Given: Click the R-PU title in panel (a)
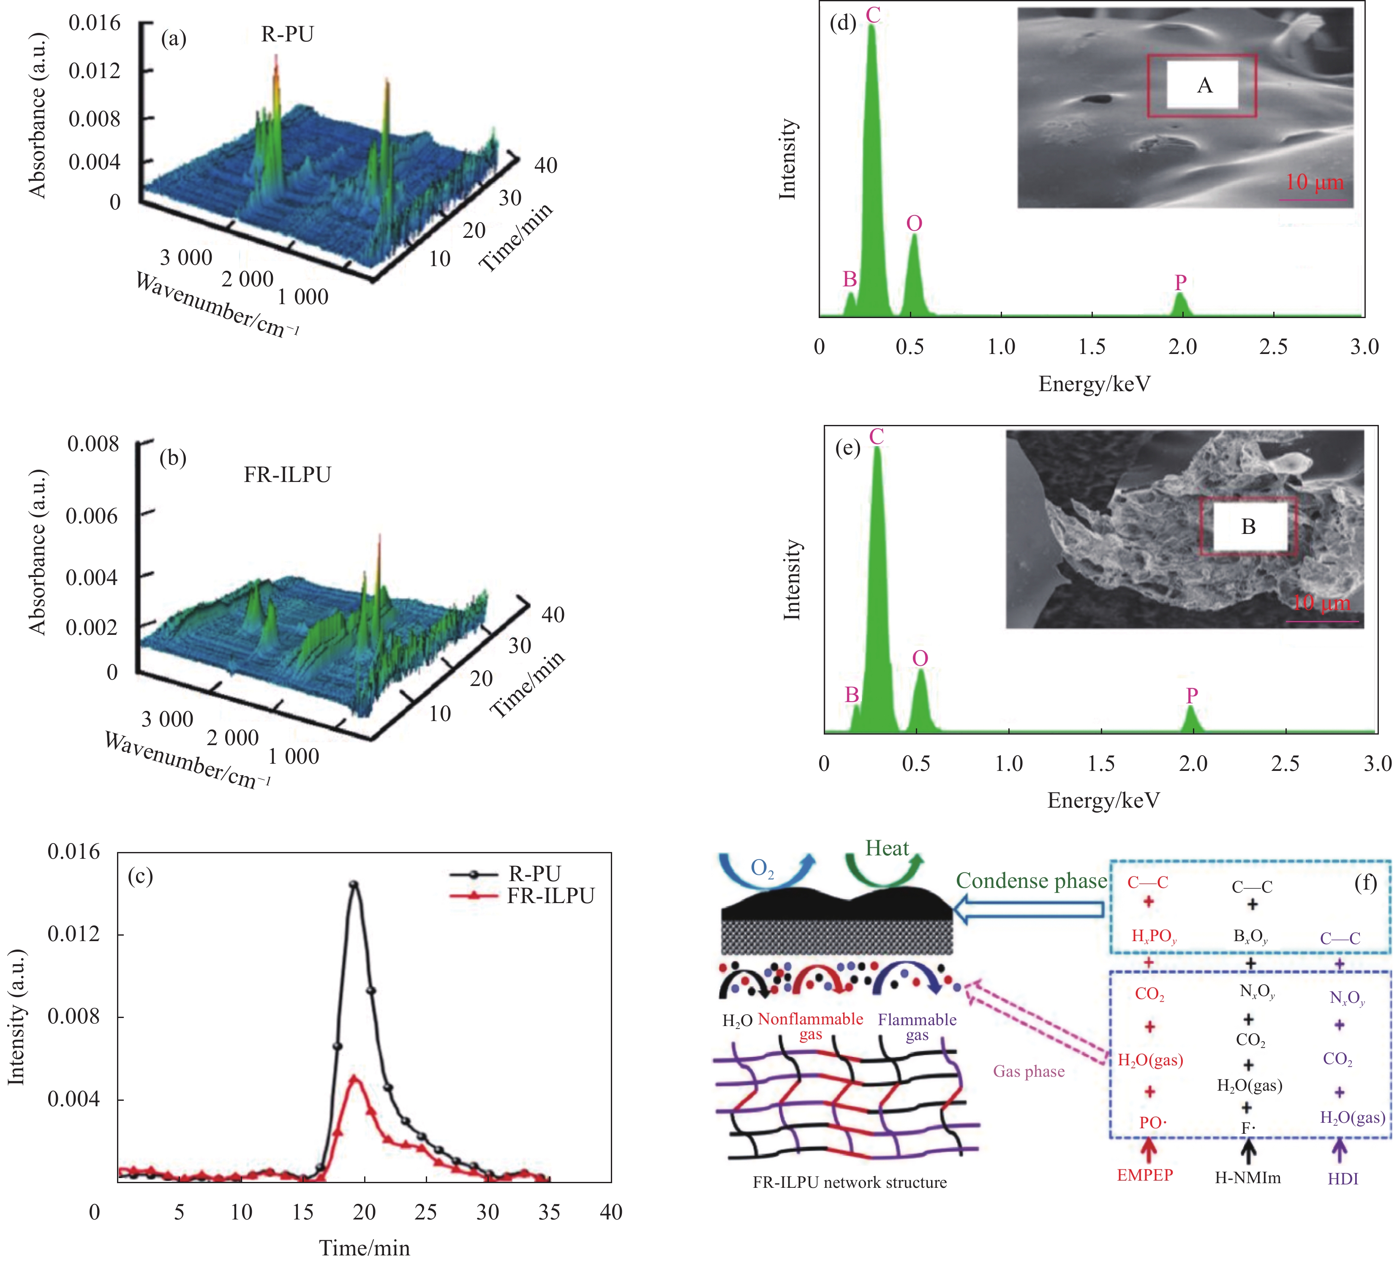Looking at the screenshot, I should tap(287, 34).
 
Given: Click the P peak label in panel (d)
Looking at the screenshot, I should tap(1181, 282).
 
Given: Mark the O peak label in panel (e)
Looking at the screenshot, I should tap(920, 658).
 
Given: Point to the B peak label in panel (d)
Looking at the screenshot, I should tap(850, 279).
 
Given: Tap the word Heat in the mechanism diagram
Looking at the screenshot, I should tap(887, 849).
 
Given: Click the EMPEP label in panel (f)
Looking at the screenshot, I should tap(1145, 1175).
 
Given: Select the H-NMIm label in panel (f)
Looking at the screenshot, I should tap(1247, 1178).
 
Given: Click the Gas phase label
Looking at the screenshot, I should tap(1028, 1071).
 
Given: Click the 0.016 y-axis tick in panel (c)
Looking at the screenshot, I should tap(74, 852).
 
